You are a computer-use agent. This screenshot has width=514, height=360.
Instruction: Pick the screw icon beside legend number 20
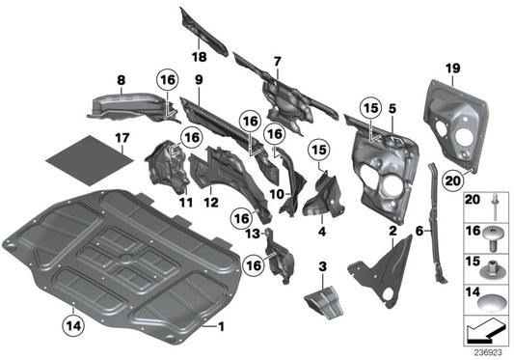click(494, 204)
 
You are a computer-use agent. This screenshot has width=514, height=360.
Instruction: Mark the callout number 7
click(277, 62)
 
